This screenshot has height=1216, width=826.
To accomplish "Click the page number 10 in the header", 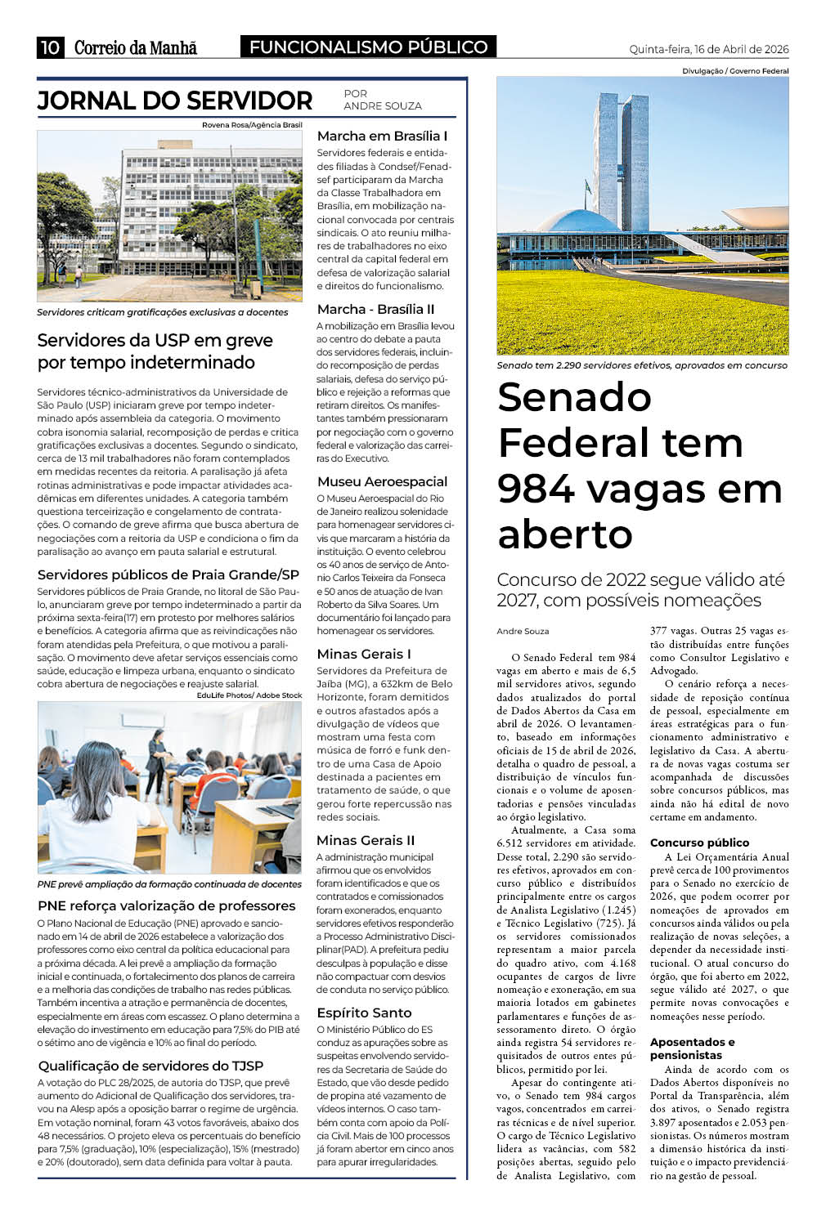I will [x=50, y=47].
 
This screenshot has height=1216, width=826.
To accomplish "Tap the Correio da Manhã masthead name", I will [x=135, y=47].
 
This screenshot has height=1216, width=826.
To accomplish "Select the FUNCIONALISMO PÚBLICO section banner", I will [x=368, y=47].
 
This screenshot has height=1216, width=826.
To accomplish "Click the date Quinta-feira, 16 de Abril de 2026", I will [x=708, y=49].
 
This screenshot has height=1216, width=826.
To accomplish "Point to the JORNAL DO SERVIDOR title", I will [x=174, y=101].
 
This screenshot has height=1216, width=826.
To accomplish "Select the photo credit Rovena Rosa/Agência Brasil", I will [x=252, y=125].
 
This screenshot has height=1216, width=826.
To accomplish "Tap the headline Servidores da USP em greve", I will [x=155, y=340].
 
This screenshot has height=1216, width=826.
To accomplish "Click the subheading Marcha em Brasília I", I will [x=382, y=136].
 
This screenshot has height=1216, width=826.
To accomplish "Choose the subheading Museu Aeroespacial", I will [x=382, y=481].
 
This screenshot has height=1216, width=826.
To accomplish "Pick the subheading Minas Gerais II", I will [x=366, y=840].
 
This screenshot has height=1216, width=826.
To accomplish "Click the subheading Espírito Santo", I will [x=364, y=1013].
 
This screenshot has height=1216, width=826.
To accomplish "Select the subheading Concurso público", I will [x=699, y=843].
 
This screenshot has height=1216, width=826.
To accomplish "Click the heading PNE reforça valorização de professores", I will [x=166, y=905].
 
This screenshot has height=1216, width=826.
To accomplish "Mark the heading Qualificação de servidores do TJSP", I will [x=150, y=1066].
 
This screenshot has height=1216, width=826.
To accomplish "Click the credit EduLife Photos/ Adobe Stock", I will [x=249, y=695].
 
